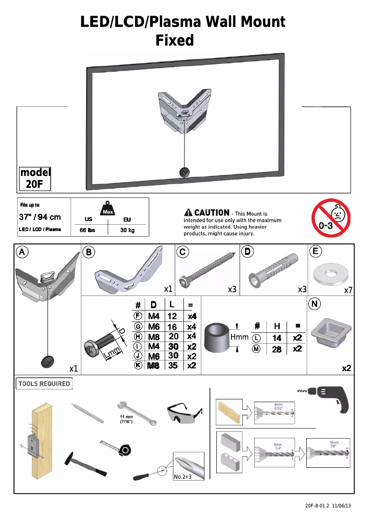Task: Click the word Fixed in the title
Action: coord(175,41)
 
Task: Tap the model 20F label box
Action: coord(35,178)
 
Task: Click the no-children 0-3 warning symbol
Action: coord(331,218)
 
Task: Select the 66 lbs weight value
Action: coord(87,230)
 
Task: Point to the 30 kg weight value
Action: coord(127,230)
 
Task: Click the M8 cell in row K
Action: coord(153,365)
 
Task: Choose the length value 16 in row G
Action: coord(172,327)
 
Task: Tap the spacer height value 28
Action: coord(277,349)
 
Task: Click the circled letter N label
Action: coord(314,304)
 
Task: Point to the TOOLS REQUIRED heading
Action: coord(44,383)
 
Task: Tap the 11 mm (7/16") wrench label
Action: coord(126,419)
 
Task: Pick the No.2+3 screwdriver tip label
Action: coord(183,477)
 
